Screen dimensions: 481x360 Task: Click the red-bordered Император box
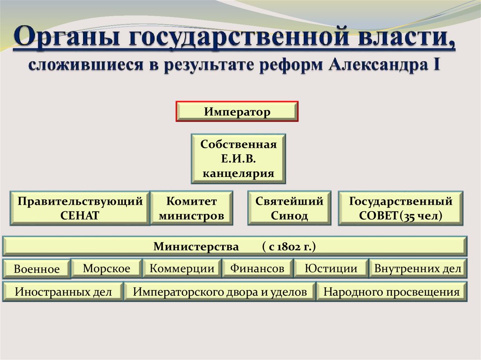(237, 112)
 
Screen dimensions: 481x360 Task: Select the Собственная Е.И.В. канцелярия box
(238, 159)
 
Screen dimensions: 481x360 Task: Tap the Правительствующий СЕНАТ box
(80, 208)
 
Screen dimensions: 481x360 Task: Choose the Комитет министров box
(191, 208)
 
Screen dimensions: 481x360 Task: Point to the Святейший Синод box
(289, 208)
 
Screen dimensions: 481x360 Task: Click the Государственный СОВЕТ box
(401, 208)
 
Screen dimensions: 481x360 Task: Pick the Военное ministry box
(37, 269)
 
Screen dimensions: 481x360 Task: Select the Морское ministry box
(107, 268)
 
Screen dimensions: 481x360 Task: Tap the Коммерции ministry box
(182, 268)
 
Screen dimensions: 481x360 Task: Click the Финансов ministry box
(257, 268)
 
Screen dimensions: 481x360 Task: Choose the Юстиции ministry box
(331, 268)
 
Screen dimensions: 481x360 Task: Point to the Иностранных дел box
(63, 291)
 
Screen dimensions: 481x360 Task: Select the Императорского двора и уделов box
(220, 291)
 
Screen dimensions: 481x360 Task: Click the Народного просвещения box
(391, 291)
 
